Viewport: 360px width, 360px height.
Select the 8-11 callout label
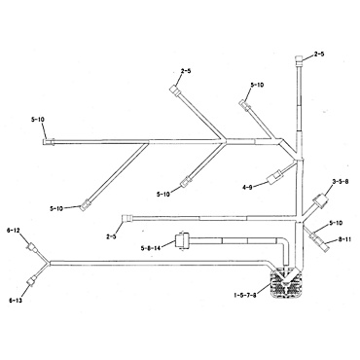(x=343, y=237)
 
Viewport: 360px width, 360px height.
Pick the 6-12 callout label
(x=14, y=231)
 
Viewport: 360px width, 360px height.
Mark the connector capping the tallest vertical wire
(x=298, y=62)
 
